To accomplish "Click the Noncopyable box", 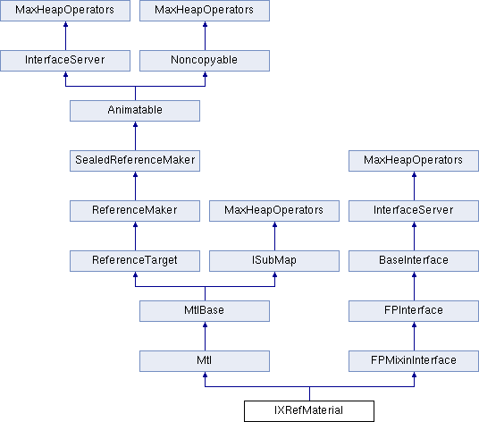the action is pos(205,61).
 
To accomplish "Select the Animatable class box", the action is pos(135,111).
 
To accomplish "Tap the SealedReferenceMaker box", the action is pos(135,161).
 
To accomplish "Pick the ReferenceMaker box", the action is pos(135,211).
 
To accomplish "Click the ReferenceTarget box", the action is pos(135,261).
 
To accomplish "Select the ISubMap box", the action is pos(274,261).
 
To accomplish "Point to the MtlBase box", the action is pos(205,311).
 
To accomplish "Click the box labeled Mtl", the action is pos(205,361).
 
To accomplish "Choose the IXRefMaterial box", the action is pos(309,411).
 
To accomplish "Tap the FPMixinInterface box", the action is pos(414,361).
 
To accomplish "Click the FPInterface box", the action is pos(414,311).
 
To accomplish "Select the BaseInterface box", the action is pos(414,261).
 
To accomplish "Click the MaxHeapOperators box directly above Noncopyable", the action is pos(205,11).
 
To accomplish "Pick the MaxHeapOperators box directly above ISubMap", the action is pos(274,211).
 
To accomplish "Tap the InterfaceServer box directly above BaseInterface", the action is pos(414,211).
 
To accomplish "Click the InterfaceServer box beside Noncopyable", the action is pos(65,61).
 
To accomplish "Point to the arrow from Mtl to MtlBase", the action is pos(205,336).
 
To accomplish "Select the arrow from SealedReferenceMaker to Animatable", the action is pos(135,136).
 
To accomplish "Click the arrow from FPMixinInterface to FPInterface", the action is pos(415,336).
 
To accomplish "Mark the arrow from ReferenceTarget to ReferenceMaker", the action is pos(135,236).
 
